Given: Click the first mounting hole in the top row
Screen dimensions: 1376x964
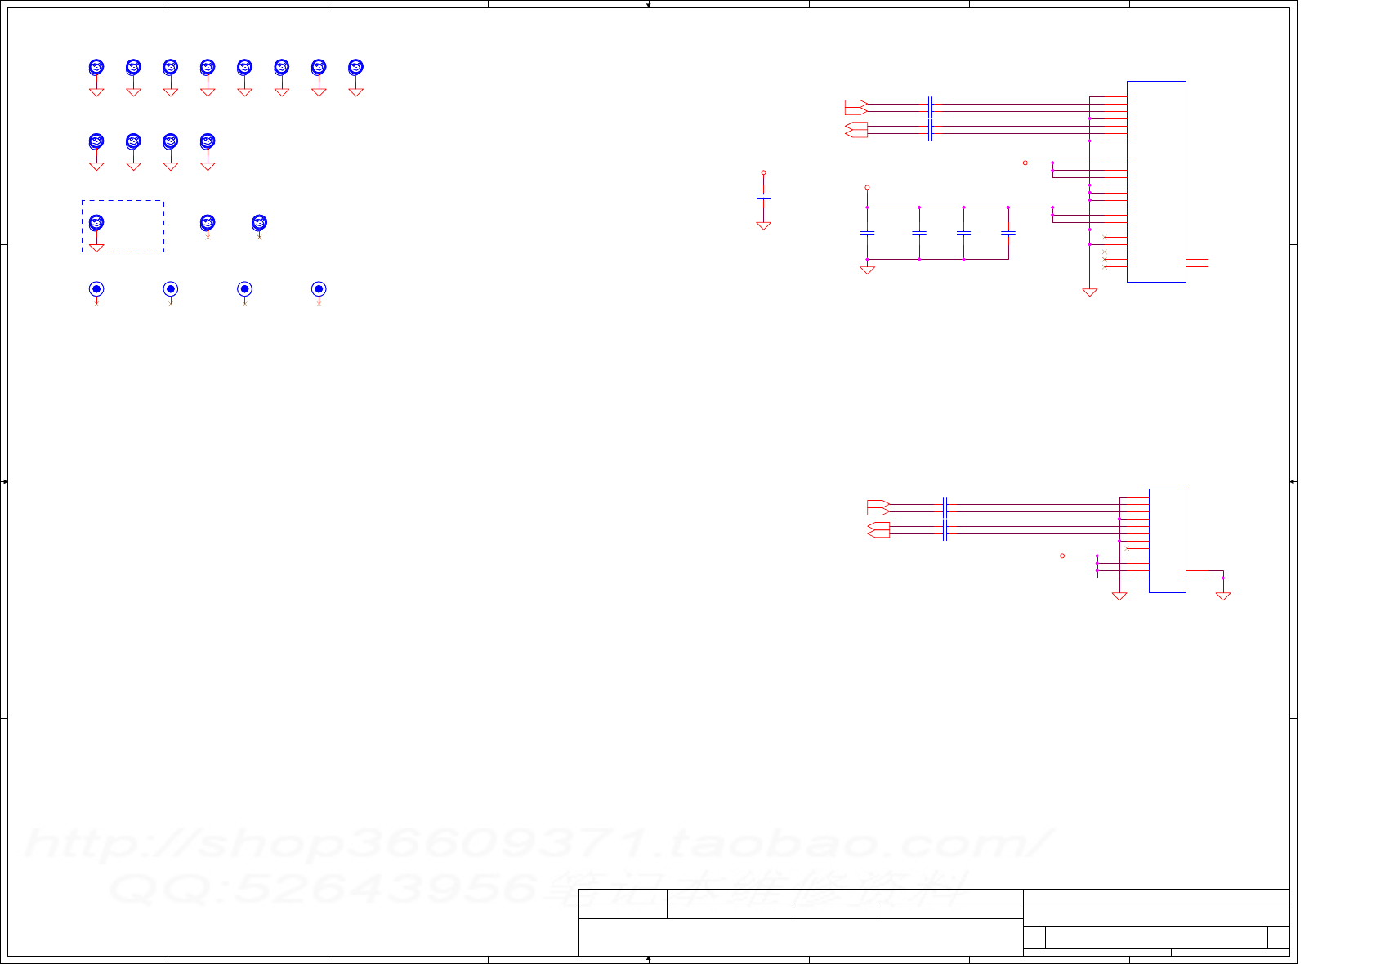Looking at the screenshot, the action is pyautogui.click(x=96, y=68).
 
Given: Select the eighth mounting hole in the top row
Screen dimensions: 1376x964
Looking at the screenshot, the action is pyautogui.click(x=355, y=68).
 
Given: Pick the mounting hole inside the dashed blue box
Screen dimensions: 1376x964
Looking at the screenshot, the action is pyautogui.click(x=96, y=223).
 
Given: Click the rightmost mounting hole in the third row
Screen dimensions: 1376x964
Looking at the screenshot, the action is pyautogui.click(x=259, y=222).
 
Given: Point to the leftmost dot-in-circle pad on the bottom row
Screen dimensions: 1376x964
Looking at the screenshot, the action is pyautogui.click(x=96, y=289).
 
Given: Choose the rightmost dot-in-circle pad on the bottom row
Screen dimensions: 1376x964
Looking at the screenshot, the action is pyautogui.click(x=319, y=289).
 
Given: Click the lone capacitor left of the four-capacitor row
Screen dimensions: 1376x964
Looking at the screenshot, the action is pyautogui.click(x=763, y=197).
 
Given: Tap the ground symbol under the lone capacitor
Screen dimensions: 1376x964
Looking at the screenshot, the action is pyautogui.click(x=763, y=225).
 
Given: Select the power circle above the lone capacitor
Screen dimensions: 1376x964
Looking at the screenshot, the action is pyautogui.click(x=763, y=173).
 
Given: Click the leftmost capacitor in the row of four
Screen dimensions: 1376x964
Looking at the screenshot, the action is pyautogui.click(x=868, y=234).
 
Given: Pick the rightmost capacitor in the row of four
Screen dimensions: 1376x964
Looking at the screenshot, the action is pyautogui.click(x=1008, y=234).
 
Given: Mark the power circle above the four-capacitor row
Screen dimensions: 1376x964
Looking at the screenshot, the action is pyautogui.click(x=868, y=188).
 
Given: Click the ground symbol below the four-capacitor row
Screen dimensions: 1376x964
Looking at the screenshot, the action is pyautogui.click(x=868, y=270).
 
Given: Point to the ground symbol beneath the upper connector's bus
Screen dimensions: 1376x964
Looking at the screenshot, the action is pyautogui.click(x=1089, y=292).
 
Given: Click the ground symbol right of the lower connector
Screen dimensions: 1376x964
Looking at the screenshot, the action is pyautogui.click(x=1223, y=596).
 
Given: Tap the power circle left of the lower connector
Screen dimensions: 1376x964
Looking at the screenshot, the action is pyautogui.click(x=1062, y=556).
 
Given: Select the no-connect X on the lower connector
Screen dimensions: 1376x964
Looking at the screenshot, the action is pyautogui.click(x=1128, y=548).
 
